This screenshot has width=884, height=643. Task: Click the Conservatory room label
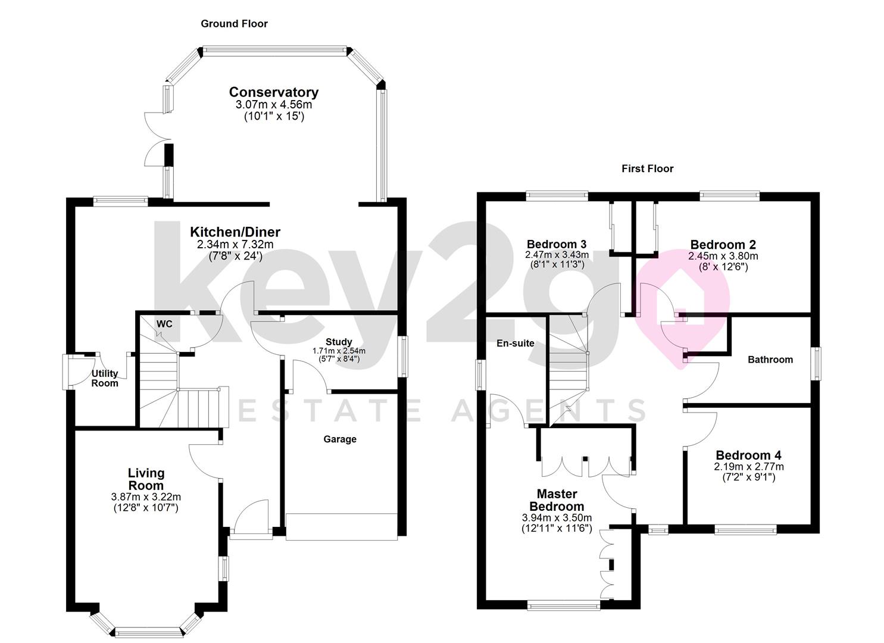(273, 92)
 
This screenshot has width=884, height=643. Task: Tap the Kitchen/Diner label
(235, 232)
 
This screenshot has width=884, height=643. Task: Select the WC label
(164, 324)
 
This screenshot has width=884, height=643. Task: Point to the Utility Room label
(105, 378)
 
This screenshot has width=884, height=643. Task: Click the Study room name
(339, 342)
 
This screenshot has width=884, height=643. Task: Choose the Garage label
(340, 439)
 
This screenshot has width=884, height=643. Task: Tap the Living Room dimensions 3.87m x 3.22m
(146, 497)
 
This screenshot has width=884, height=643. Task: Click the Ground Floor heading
(234, 24)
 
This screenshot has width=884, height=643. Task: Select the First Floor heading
(647, 168)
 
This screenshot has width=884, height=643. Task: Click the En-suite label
(515, 343)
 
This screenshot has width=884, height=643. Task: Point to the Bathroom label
(770, 359)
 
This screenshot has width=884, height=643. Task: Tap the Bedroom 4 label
(748, 455)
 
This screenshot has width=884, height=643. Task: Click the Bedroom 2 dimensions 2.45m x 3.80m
(723, 256)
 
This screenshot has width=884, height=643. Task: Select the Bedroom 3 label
(557, 244)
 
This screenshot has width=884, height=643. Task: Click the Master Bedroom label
(557, 500)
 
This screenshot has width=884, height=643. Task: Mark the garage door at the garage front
(342, 527)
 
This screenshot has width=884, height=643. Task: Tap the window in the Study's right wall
(404, 356)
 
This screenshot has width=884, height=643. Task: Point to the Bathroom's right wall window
(817, 363)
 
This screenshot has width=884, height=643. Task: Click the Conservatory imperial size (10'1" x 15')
(274, 117)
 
